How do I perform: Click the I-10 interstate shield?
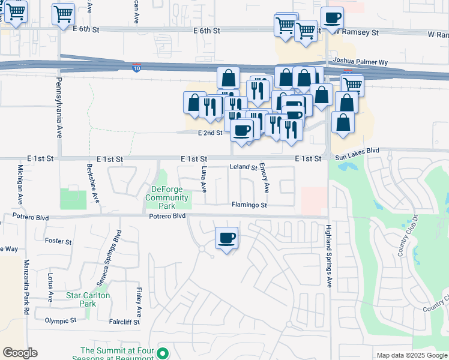click(137, 68)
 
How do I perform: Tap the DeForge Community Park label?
click(167, 197)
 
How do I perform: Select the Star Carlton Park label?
click(88, 299)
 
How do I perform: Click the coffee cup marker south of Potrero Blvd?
click(226, 239)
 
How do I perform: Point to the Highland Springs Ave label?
click(328, 256)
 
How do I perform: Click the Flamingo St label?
click(249, 205)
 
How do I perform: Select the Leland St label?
click(243, 168)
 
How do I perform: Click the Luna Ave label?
click(204, 179)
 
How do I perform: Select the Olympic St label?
click(61, 321)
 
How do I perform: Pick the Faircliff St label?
click(124, 322)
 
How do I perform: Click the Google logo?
click(20, 353)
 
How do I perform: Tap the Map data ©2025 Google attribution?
click(411, 355)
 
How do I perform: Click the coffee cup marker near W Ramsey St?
click(332, 19)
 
